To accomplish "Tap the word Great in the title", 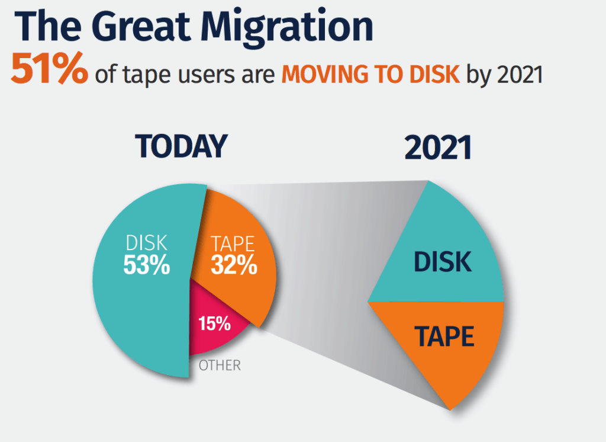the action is [x=141, y=25].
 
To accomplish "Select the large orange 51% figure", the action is [x=49, y=68].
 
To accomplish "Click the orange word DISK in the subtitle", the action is [x=434, y=73].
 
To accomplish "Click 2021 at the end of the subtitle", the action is [x=520, y=74].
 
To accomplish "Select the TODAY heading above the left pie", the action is [x=181, y=146].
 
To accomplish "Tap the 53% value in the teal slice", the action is [x=147, y=265].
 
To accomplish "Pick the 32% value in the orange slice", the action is [x=234, y=265].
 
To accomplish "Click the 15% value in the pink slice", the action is [x=214, y=324].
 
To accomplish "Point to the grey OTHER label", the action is [x=220, y=365].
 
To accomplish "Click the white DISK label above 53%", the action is [x=147, y=243].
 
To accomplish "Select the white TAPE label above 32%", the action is [x=233, y=244].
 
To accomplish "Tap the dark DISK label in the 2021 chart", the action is [x=443, y=262].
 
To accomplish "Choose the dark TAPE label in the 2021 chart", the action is [x=444, y=336].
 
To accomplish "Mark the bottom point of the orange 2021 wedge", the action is [x=450, y=409].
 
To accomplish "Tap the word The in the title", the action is [x=48, y=25].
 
